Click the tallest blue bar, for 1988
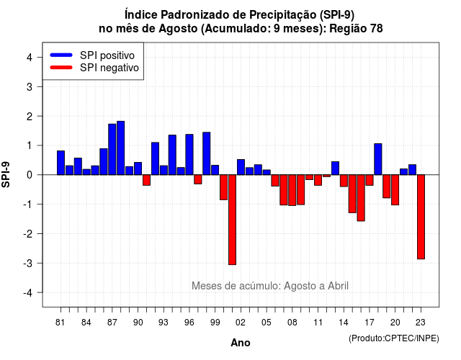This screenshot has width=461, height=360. pos(120,148)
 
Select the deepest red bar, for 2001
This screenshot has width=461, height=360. pos(232,220)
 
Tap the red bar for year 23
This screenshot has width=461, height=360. pos(421,217)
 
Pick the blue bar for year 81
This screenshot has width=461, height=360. pos(61,163)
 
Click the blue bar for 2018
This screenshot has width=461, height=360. pos(378,159)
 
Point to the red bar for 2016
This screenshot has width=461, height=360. pos(361,198)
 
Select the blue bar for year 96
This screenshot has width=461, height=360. pos(189,155)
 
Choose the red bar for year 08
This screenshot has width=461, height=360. pos(292,190)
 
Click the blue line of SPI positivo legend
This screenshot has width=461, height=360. pos(61,55)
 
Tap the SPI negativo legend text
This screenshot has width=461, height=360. pos(109,68)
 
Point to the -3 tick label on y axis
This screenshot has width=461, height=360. pos(29,263)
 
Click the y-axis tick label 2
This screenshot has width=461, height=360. pos(30,117)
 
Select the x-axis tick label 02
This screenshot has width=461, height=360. pos(241,323)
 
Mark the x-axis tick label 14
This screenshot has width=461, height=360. pos(344,323)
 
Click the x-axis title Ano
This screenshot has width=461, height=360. pos(241,343)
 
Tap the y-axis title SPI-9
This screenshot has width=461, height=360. pos(6,174)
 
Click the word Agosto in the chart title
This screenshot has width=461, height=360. pos(178,29)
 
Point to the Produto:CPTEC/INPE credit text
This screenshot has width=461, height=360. pos(394,338)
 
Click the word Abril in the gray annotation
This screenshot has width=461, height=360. pos(338,286)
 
